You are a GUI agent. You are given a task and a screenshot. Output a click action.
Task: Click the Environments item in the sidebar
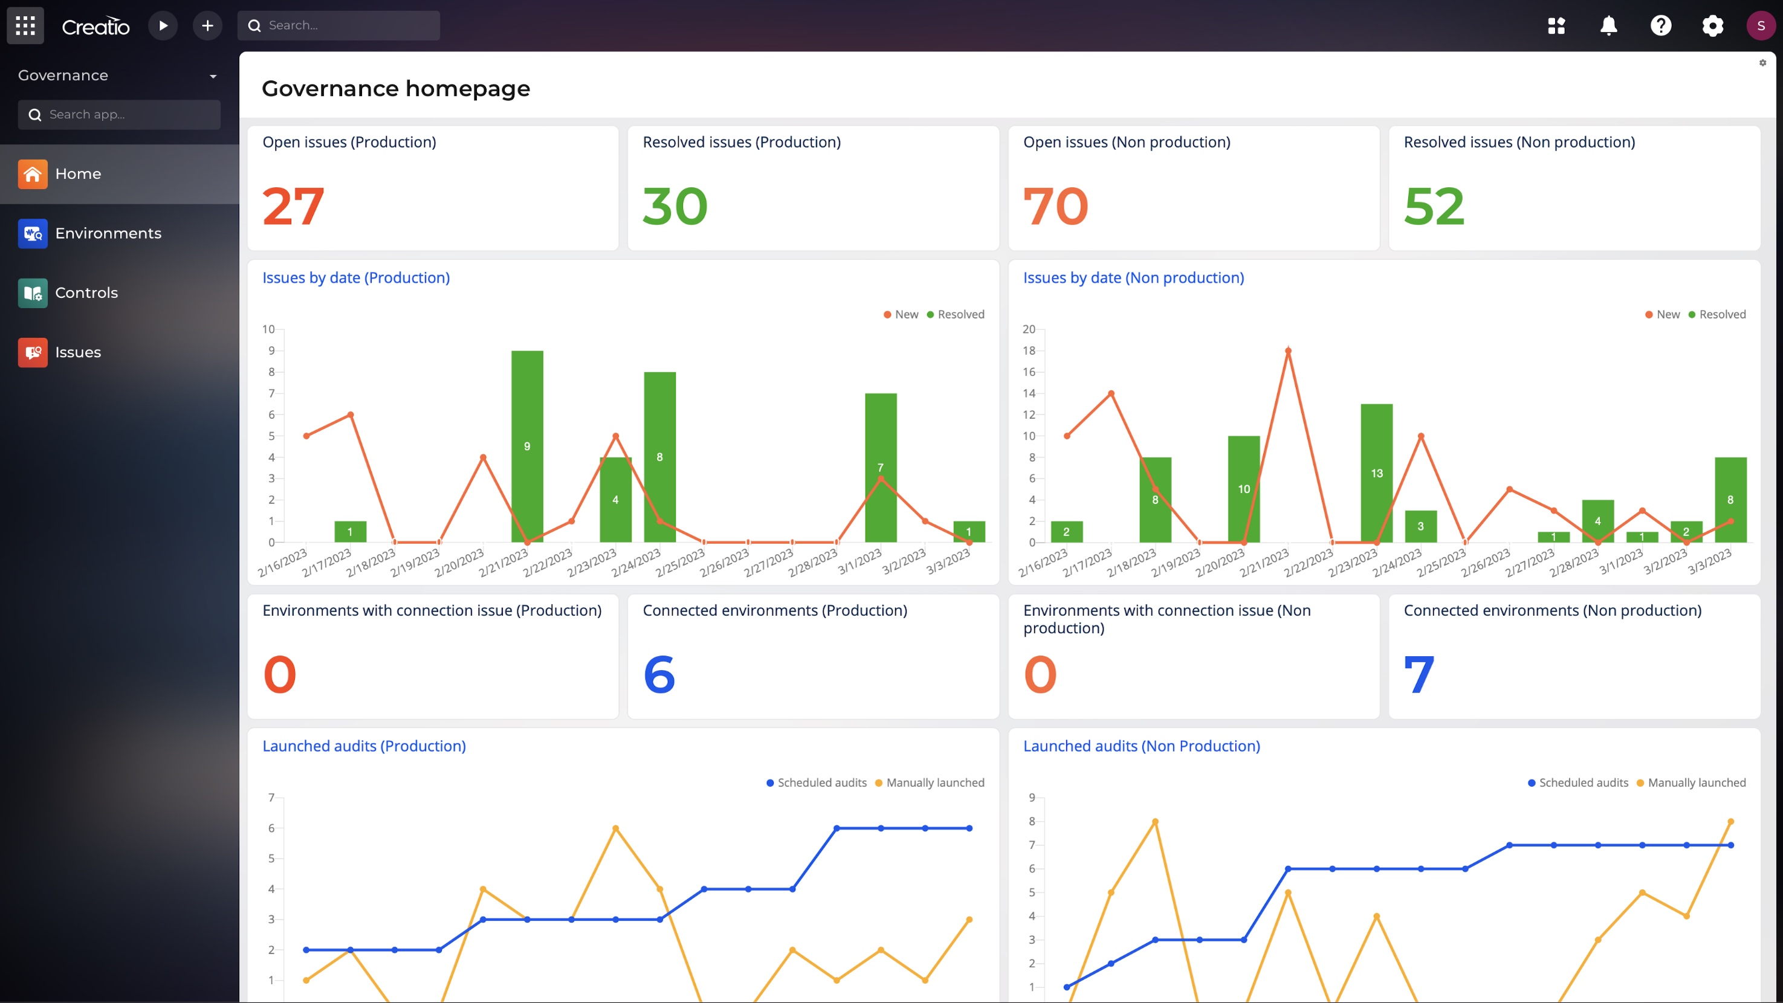[x=108, y=233]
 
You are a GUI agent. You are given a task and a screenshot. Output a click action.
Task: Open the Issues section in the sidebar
[x=77, y=352]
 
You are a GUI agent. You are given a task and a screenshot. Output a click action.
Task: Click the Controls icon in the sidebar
[x=33, y=292]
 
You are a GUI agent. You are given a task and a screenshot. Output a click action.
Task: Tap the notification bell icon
[x=1608, y=25]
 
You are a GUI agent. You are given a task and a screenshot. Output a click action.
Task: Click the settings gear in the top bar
[x=1712, y=25]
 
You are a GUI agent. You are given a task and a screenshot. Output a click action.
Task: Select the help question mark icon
[x=1660, y=25]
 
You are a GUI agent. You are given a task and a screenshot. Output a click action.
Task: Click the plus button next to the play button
[x=207, y=25]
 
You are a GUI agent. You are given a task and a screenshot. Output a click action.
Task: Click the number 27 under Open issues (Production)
[x=293, y=206]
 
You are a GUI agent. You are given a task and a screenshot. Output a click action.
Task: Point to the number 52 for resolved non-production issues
[x=1434, y=206]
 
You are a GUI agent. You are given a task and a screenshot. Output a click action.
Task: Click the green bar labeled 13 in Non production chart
[x=1376, y=473]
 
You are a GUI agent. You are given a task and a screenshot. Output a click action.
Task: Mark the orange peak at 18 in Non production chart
[x=1287, y=350]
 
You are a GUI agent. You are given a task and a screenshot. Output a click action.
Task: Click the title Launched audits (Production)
[x=363, y=746]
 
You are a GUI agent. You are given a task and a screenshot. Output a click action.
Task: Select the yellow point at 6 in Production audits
[x=615, y=828]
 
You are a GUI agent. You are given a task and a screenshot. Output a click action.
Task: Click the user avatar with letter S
[x=1760, y=25]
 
